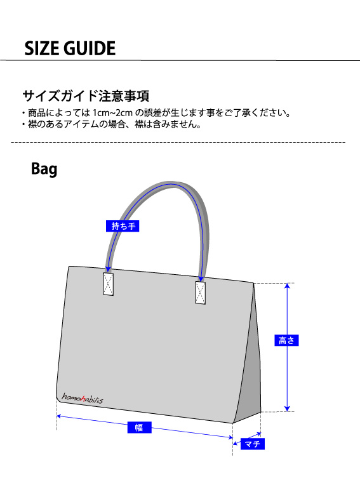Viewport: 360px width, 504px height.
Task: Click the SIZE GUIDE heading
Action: click(x=70, y=48)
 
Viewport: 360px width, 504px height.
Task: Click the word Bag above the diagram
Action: click(x=44, y=169)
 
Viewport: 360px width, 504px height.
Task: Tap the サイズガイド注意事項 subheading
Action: click(x=86, y=96)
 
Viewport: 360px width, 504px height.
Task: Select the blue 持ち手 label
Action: click(x=123, y=226)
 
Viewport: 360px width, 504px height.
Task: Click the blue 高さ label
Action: click(x=286, y=340)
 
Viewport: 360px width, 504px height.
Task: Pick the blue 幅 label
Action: click(x=139, y=427)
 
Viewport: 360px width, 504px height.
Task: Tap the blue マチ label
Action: click(x=252, y=444)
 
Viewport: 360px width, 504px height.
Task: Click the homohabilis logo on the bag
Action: click(x=83, y=398)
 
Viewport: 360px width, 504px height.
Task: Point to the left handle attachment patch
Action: click(x=109, y=284)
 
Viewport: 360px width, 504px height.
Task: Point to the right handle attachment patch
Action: click(x=200, y=293)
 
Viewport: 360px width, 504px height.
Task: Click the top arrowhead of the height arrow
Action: click(x=288, y=286)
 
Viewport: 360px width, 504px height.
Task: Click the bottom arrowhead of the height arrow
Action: click(x=288, y=409)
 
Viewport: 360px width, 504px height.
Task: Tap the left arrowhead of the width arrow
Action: click(x=59, y=416)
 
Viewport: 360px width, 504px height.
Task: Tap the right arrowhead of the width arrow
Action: click(x=230, y=437)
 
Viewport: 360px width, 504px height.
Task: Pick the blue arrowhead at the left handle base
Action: click(x=109, y=270)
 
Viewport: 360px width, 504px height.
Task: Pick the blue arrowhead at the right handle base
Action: click(x=201, y=279)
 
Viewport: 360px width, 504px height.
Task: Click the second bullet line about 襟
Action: click(x=112, y=124)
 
